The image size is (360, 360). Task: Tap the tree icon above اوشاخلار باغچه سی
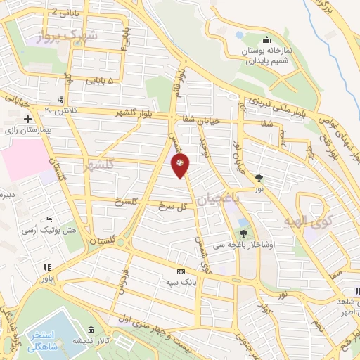click(243, 232)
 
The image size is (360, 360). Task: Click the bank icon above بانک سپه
click(181, 271)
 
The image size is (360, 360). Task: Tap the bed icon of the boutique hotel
click(48, 219)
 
